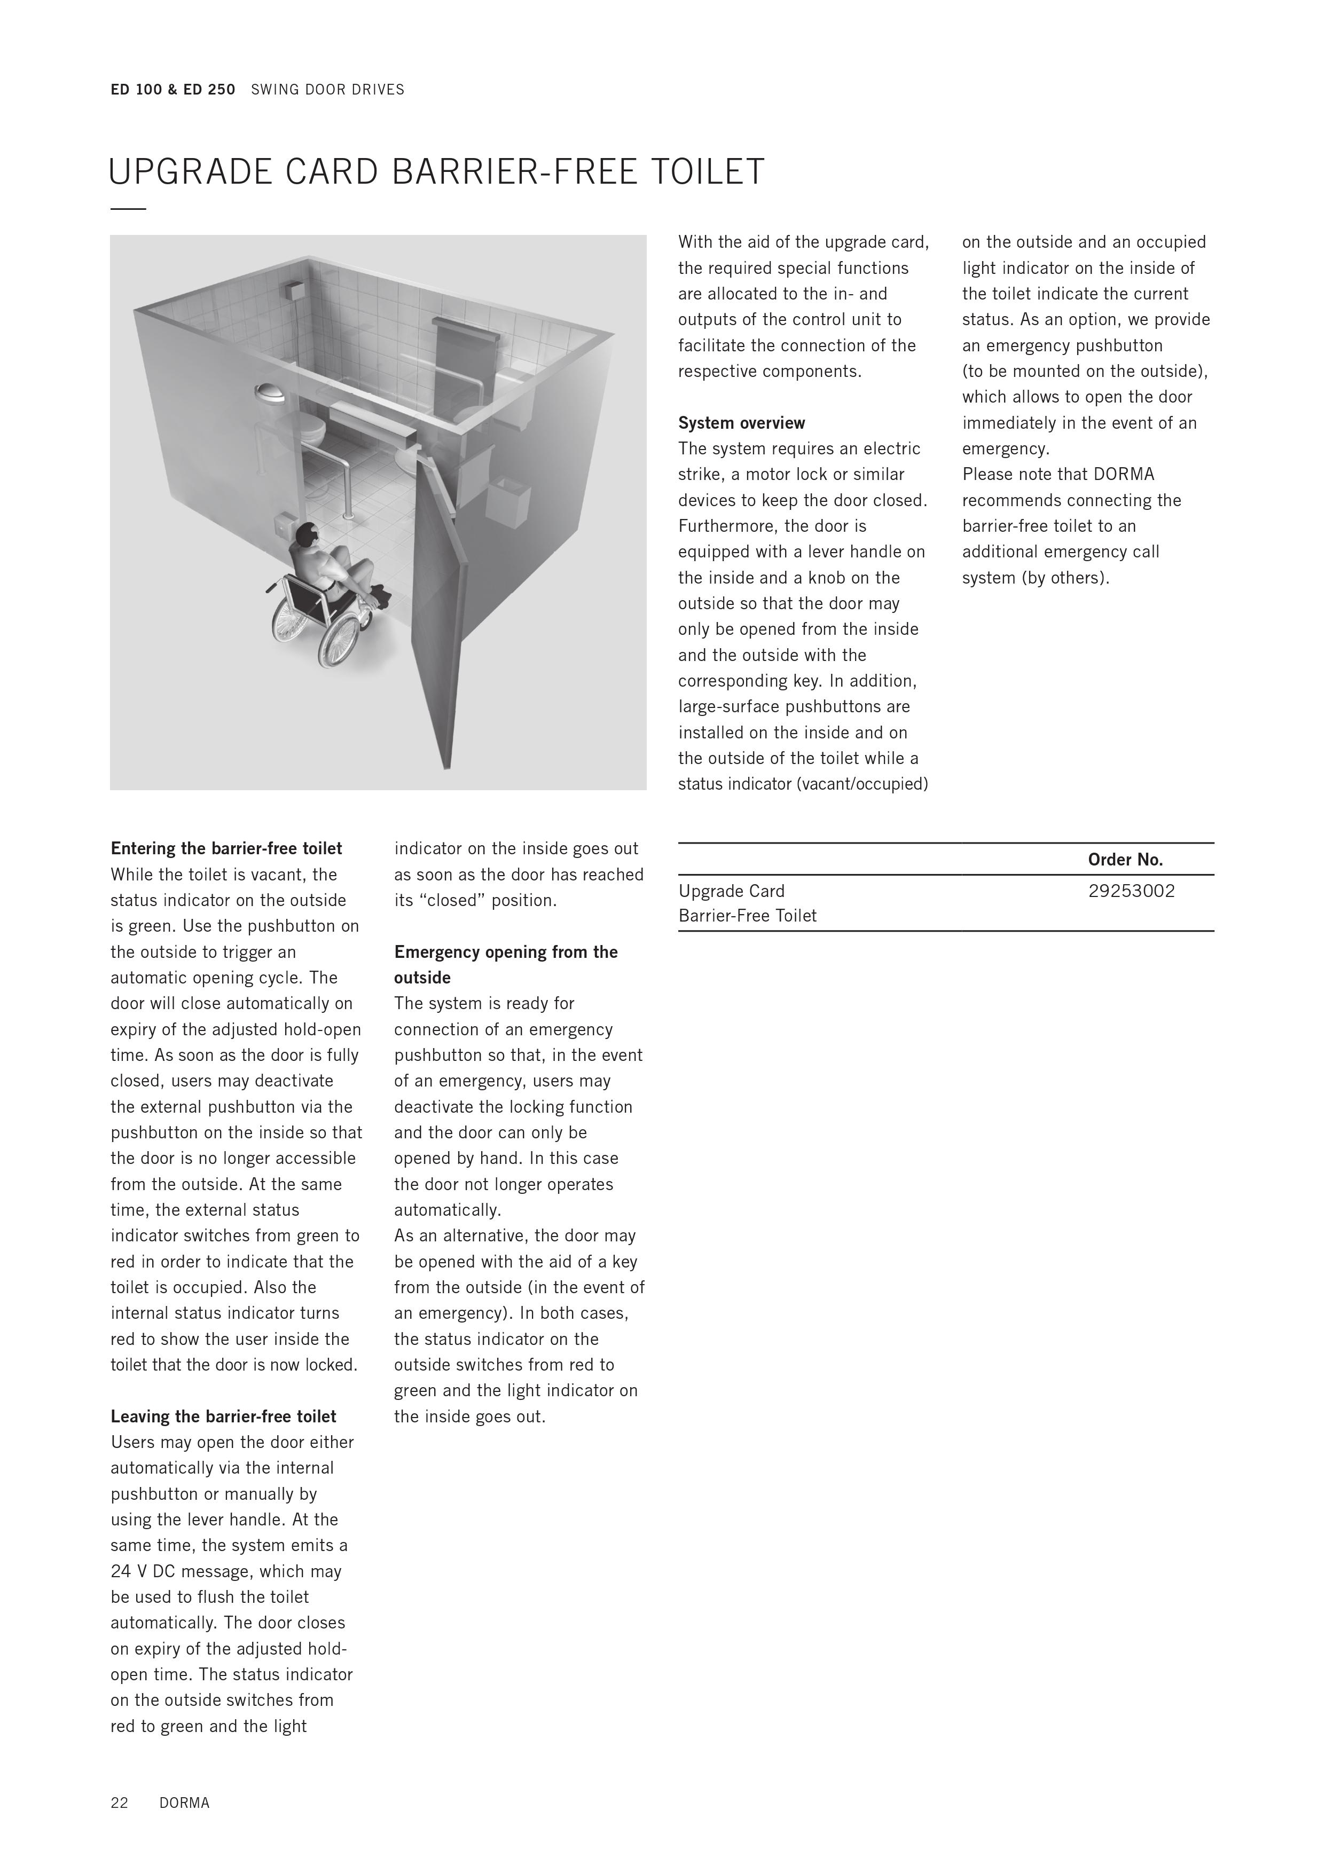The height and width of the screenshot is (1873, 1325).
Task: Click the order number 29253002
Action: (x=1131, y=891)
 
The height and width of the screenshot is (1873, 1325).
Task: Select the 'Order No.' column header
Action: (x=1125, y=859)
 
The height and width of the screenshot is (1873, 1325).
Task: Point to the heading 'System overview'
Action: (x=741, y=422)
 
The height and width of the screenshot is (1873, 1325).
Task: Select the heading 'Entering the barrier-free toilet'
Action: (x=226, y=848)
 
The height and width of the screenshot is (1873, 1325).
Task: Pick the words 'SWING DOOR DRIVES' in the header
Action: (x=327, y=90)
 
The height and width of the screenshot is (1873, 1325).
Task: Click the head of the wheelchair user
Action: (x=307, y=536)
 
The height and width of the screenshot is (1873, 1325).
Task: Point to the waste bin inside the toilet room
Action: (x=507, y=501)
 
